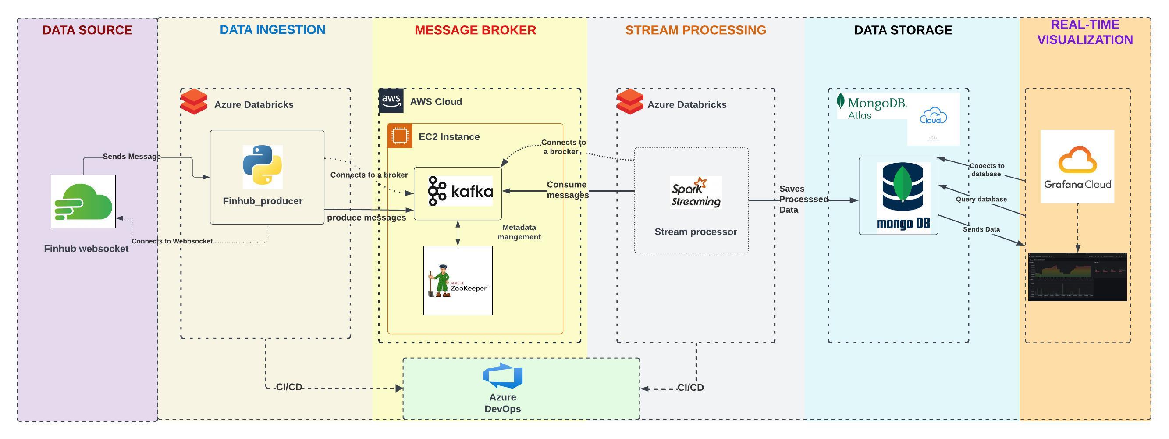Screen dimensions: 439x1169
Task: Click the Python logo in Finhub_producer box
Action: pos(262,167)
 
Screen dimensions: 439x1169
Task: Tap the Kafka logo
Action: pos(460,191)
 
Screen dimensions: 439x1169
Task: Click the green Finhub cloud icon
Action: pos(83,202)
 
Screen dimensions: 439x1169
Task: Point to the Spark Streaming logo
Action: pos(696,192)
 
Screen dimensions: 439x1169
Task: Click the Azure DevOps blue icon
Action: pos(503,375)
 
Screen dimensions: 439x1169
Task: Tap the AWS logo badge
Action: pos(391,100)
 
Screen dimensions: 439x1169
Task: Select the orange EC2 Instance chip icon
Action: pos(400,136)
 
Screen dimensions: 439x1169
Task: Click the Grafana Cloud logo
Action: pos(1077,167)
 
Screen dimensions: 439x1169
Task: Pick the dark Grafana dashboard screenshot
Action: pos(1077,277)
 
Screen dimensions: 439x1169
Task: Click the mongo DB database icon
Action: pos(903,196)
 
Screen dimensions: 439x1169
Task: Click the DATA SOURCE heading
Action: pos(87,30)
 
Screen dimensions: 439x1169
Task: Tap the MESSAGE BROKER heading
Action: pos(475,30)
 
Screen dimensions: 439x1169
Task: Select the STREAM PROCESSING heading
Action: pos(695,30)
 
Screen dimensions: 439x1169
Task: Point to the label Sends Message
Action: pos(131,157)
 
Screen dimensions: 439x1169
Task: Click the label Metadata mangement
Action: pos(519,232)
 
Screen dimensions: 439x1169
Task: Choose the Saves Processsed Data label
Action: pos(802,199)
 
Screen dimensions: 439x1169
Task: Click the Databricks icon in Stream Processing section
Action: pos(629,102)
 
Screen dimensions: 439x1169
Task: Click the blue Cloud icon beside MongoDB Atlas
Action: pos(933,116)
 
